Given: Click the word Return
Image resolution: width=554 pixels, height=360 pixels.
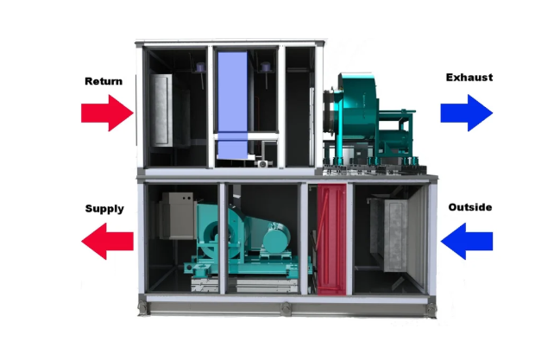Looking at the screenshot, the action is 104,81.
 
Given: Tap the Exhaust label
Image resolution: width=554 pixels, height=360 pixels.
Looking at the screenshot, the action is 469,78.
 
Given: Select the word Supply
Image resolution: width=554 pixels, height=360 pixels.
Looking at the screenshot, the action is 104,209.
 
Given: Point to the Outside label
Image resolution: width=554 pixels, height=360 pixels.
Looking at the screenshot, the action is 470,207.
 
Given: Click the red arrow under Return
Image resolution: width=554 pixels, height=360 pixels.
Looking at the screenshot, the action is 107,113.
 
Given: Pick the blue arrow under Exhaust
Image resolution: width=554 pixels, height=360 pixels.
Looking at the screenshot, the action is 466,113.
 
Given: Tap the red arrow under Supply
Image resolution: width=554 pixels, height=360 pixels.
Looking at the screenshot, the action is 107,241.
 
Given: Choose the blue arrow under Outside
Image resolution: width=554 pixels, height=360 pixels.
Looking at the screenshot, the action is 466,241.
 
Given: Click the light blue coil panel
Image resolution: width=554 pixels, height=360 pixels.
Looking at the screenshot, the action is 232,105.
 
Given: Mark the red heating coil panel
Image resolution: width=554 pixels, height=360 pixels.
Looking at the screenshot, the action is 331,239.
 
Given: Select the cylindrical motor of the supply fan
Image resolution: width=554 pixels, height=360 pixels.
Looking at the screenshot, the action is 276,238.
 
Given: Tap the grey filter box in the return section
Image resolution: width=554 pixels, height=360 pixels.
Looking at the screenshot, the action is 162,110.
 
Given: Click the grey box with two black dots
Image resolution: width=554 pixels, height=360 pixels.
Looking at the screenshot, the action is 179,216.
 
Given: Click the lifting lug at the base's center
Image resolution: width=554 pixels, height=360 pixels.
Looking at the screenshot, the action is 286,308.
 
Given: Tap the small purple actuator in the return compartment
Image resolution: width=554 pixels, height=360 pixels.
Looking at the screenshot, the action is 200,67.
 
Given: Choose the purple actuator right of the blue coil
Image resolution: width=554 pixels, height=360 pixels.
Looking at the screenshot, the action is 265,67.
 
